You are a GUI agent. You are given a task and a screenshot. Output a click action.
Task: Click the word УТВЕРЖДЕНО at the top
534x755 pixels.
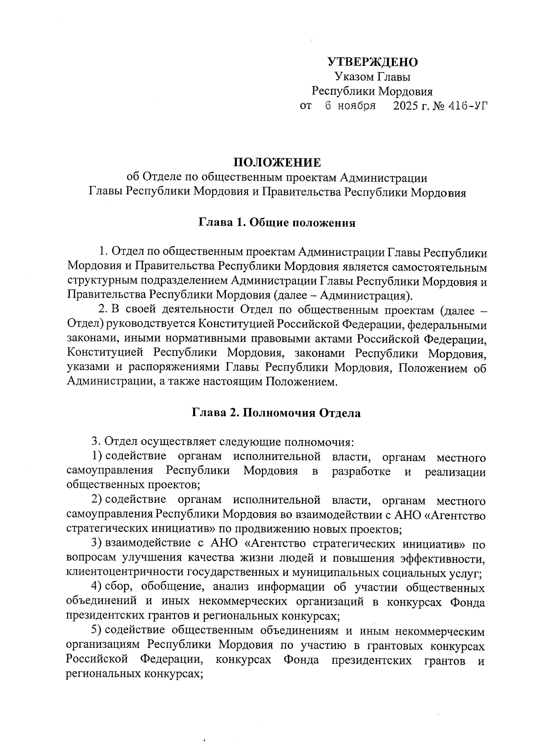pos(372,62)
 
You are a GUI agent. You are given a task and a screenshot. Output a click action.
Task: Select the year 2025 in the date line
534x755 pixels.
pos(405,106)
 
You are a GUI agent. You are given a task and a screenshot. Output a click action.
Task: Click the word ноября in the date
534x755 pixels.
pos(356,106)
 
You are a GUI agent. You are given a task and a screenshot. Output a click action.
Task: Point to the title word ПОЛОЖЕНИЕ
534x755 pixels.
pos(277,162)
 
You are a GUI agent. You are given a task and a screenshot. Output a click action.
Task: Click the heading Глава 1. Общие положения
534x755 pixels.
pos(276,223)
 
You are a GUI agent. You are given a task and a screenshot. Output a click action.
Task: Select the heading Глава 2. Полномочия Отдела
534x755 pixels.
pos(276,413)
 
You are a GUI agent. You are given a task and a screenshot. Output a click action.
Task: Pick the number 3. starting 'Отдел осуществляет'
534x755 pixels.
pos(96,442)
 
